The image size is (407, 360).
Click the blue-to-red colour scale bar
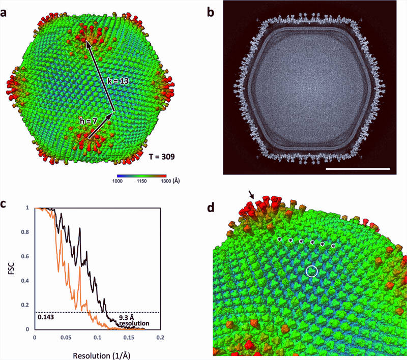[139, 174]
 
